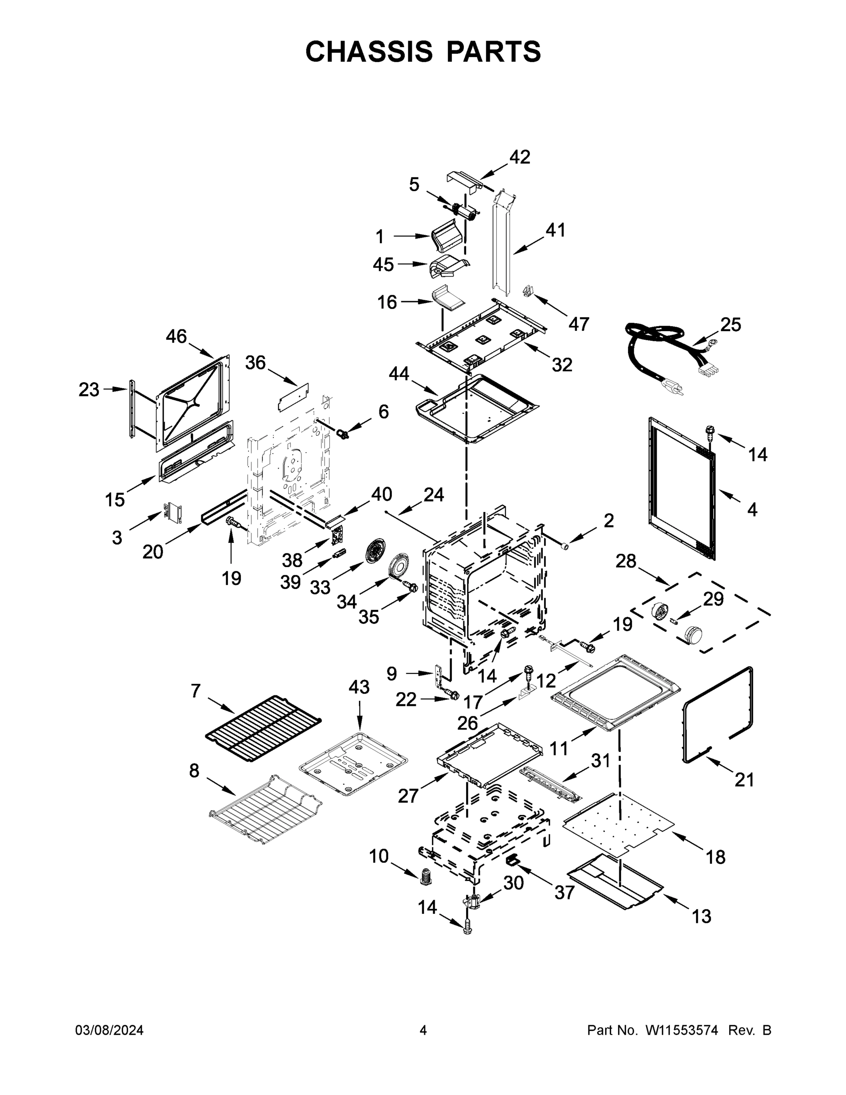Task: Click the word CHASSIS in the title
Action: click(369, 51)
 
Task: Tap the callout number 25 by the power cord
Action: click(730, 325)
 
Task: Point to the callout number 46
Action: click(176, 336)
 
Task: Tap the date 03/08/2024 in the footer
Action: click(109, 1030)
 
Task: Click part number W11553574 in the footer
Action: click(682, 1030)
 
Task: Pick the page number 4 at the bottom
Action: click(423, 1030)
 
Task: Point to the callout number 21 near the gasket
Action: click(744, 780)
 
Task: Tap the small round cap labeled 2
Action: click(564, 545)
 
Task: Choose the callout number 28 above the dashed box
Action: click(626, 561)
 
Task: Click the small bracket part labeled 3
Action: click(173, 511)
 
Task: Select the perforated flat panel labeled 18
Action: click(619, 823)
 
